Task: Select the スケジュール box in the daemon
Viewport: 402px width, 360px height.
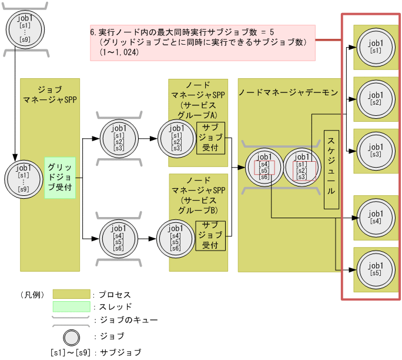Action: (331, 170)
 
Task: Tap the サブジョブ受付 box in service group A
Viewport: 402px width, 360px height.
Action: (210, 138)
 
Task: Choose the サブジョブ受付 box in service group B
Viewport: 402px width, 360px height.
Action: (210, 235)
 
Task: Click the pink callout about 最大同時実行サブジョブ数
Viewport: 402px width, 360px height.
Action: (203, 42)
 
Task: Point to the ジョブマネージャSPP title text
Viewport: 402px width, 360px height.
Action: (50, 94)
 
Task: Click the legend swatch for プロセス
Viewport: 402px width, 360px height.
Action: (71, 294)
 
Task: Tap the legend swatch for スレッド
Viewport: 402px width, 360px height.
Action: (71, 307)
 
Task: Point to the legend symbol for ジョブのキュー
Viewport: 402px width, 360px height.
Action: (71, 321)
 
